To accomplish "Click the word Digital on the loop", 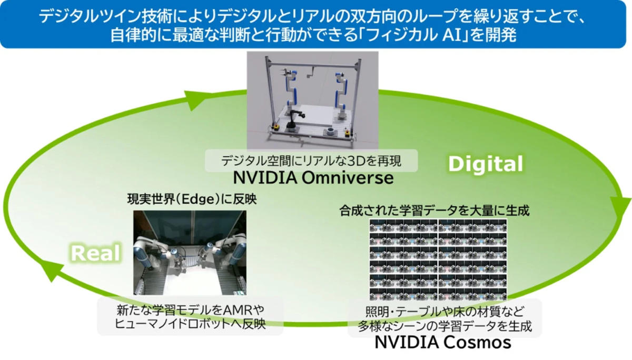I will click(486, 164).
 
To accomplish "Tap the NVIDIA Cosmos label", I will click(443, 343).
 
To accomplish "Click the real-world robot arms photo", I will click(190, 252).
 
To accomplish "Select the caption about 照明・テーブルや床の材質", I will click(445, 318).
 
